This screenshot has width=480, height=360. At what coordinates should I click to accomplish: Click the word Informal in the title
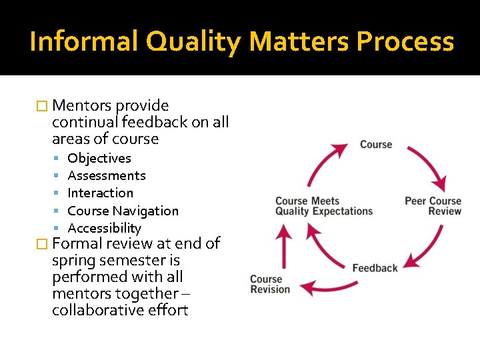tap(83, 41)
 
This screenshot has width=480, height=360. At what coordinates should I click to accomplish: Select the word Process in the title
tap(405, 41)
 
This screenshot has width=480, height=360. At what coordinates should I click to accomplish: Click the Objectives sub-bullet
tap(99, 158)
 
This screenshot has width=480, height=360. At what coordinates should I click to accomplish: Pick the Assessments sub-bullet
tap(107, 175)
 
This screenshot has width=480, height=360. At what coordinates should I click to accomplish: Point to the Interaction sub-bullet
tap(101, 193)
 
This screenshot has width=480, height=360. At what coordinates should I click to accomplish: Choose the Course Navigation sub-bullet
tap(123, 211)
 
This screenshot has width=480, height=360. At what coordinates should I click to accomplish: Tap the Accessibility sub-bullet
tap(105, 228)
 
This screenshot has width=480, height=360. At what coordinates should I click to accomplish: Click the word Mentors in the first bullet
tap(82, 105)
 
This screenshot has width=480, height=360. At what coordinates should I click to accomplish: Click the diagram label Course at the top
tap(376, 144)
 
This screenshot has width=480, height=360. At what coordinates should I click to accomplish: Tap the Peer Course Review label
tap(433, 206)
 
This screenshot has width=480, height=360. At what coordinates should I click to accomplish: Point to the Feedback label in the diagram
tap(375, 268)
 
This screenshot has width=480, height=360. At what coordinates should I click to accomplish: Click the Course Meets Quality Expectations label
tap(324, 206)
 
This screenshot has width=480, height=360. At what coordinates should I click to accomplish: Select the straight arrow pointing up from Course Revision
tap(285, 247)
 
